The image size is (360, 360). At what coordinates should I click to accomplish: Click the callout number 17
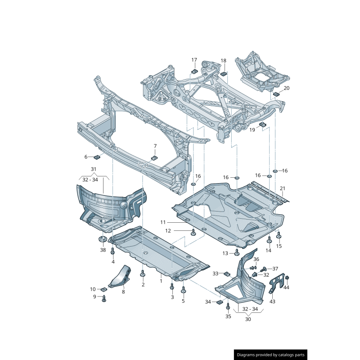(x=194, y=60)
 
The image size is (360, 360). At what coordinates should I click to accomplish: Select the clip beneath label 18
(x=223, y=73)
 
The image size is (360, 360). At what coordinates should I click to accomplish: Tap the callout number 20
(x=287, y=88)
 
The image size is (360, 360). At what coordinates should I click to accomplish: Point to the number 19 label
(x=252, y=130)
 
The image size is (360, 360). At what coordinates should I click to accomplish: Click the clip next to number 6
(x=96, y=157)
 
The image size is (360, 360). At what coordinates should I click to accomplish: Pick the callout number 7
(x=155, y=146)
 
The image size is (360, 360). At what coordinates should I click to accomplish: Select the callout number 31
(x=94, y=169)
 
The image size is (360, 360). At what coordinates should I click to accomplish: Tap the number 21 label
(x=283, y=188)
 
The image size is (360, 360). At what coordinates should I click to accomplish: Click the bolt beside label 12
(x=193, y=232)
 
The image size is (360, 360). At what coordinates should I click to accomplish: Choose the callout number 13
(x=225, y=253)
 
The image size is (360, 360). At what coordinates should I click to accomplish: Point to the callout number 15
(x=279, y=246)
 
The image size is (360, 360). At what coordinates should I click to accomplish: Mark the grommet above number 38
(x=103, y=239)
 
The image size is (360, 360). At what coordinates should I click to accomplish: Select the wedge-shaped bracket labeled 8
(x=121, y=276)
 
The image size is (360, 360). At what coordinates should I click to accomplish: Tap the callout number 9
(x=95, y=297)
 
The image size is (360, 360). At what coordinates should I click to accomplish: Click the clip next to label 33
(x=227, y=274)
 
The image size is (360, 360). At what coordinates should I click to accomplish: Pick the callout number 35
(x=228, y=316)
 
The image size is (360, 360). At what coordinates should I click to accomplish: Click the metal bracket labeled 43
(x=276, y=284)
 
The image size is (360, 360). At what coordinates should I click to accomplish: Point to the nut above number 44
(x=287, y=277)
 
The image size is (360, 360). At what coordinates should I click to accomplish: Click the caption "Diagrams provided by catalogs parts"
(x=271, y=355)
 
